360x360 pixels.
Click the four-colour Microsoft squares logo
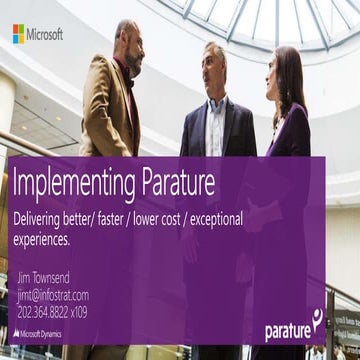pos(18,34)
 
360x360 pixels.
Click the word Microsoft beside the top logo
pos(45,34)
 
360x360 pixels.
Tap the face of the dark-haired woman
pos(290,75)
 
